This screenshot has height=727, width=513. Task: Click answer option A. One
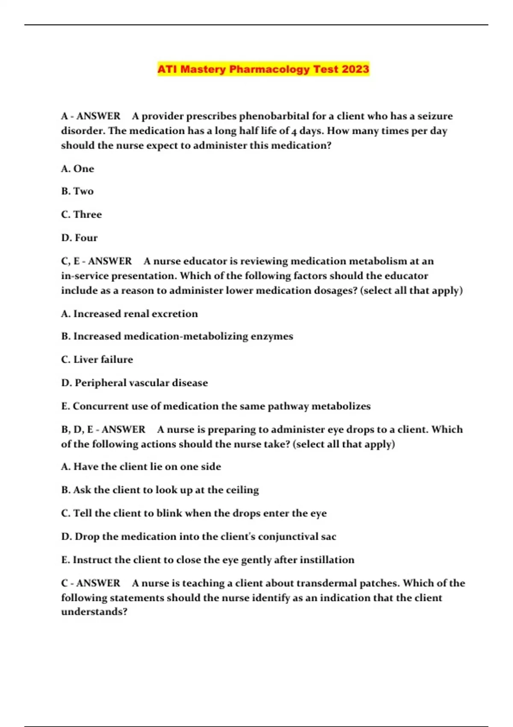click(x=77, y=169)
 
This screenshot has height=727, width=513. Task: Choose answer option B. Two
click(x=77, y=191)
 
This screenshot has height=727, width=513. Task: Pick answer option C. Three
click(x=82, y=214)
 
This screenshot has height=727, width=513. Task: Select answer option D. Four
click(x=80, y=238)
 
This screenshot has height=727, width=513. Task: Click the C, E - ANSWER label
click(x=97, y=261)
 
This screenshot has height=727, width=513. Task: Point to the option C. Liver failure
click(x=97, y=360)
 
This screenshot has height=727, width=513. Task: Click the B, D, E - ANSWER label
click(x=103, y=429)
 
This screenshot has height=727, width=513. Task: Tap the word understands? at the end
click(x=94, y=612)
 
